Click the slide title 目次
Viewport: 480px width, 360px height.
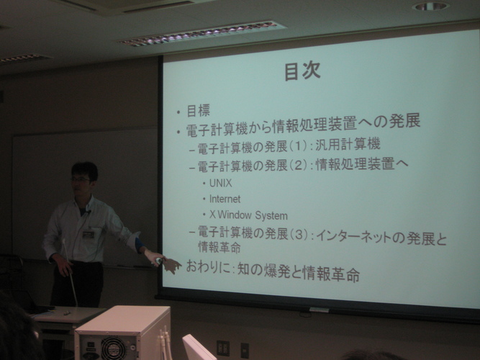coord(302,71)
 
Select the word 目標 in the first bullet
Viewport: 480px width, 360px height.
coord(198,110)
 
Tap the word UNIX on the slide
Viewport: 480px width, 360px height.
coord(220,183)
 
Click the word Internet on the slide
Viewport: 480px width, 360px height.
coord(225,199)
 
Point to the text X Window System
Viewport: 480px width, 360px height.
coord(248,215)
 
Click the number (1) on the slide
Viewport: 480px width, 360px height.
coord(297,146)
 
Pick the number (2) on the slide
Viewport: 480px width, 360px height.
coord(297,166)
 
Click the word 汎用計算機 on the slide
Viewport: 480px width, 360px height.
coord(348,144)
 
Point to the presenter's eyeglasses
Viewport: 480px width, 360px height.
coord(80,180)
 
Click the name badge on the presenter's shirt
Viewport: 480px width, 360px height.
coord(89,235)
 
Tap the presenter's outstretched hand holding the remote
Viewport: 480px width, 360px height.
coord(155,258)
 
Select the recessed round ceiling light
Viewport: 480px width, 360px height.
coord(430,6)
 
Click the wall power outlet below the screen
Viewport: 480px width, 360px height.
coord(223,348)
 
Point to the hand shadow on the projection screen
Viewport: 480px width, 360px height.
coord(172,266)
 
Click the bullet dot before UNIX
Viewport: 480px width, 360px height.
coord(204,184)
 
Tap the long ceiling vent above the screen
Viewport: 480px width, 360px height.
coord(202,33)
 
